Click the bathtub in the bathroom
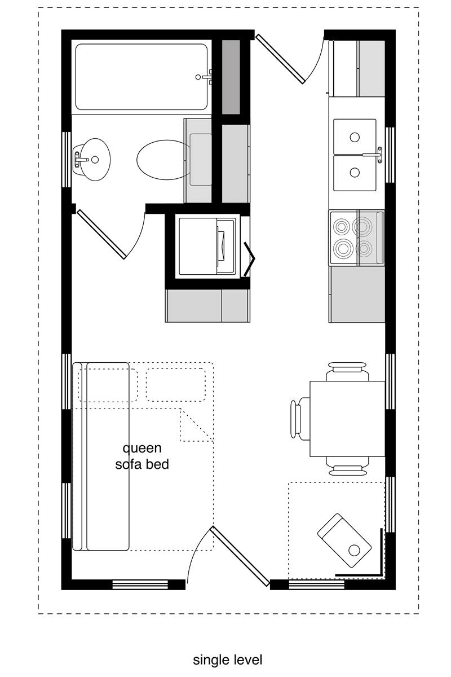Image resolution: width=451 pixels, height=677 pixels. click(142, 77)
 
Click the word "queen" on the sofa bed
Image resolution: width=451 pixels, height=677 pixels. click(142, 448)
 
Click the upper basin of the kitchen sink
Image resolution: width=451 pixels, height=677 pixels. click(355, 137)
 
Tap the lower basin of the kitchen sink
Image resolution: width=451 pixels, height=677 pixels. click(355, 173)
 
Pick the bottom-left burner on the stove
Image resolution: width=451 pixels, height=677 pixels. click(343, 248)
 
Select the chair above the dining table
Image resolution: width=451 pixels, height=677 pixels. click(347, 371)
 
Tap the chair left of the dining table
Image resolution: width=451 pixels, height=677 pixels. click(300, 419)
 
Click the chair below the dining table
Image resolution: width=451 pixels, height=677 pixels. click(347, 466)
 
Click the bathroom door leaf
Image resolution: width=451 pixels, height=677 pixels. click(101, 234)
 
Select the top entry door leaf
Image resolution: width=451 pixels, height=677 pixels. click(280, 59)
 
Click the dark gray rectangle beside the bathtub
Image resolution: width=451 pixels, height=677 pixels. click(231, 77)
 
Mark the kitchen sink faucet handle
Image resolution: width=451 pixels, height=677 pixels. click(379, 155)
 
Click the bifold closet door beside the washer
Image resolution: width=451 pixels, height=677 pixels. click(250, 260)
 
